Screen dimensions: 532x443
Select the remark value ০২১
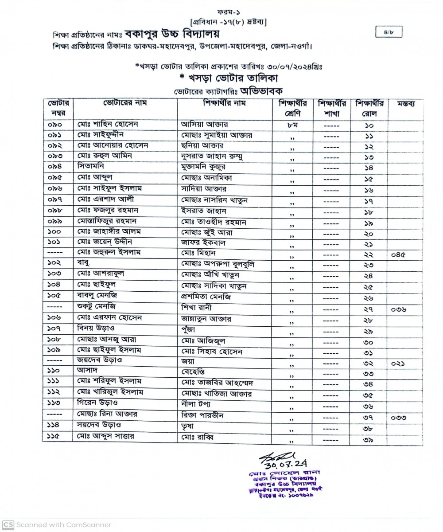[398, 363]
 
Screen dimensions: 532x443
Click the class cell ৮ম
[292, 125]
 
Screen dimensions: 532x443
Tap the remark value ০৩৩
[399, 417]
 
